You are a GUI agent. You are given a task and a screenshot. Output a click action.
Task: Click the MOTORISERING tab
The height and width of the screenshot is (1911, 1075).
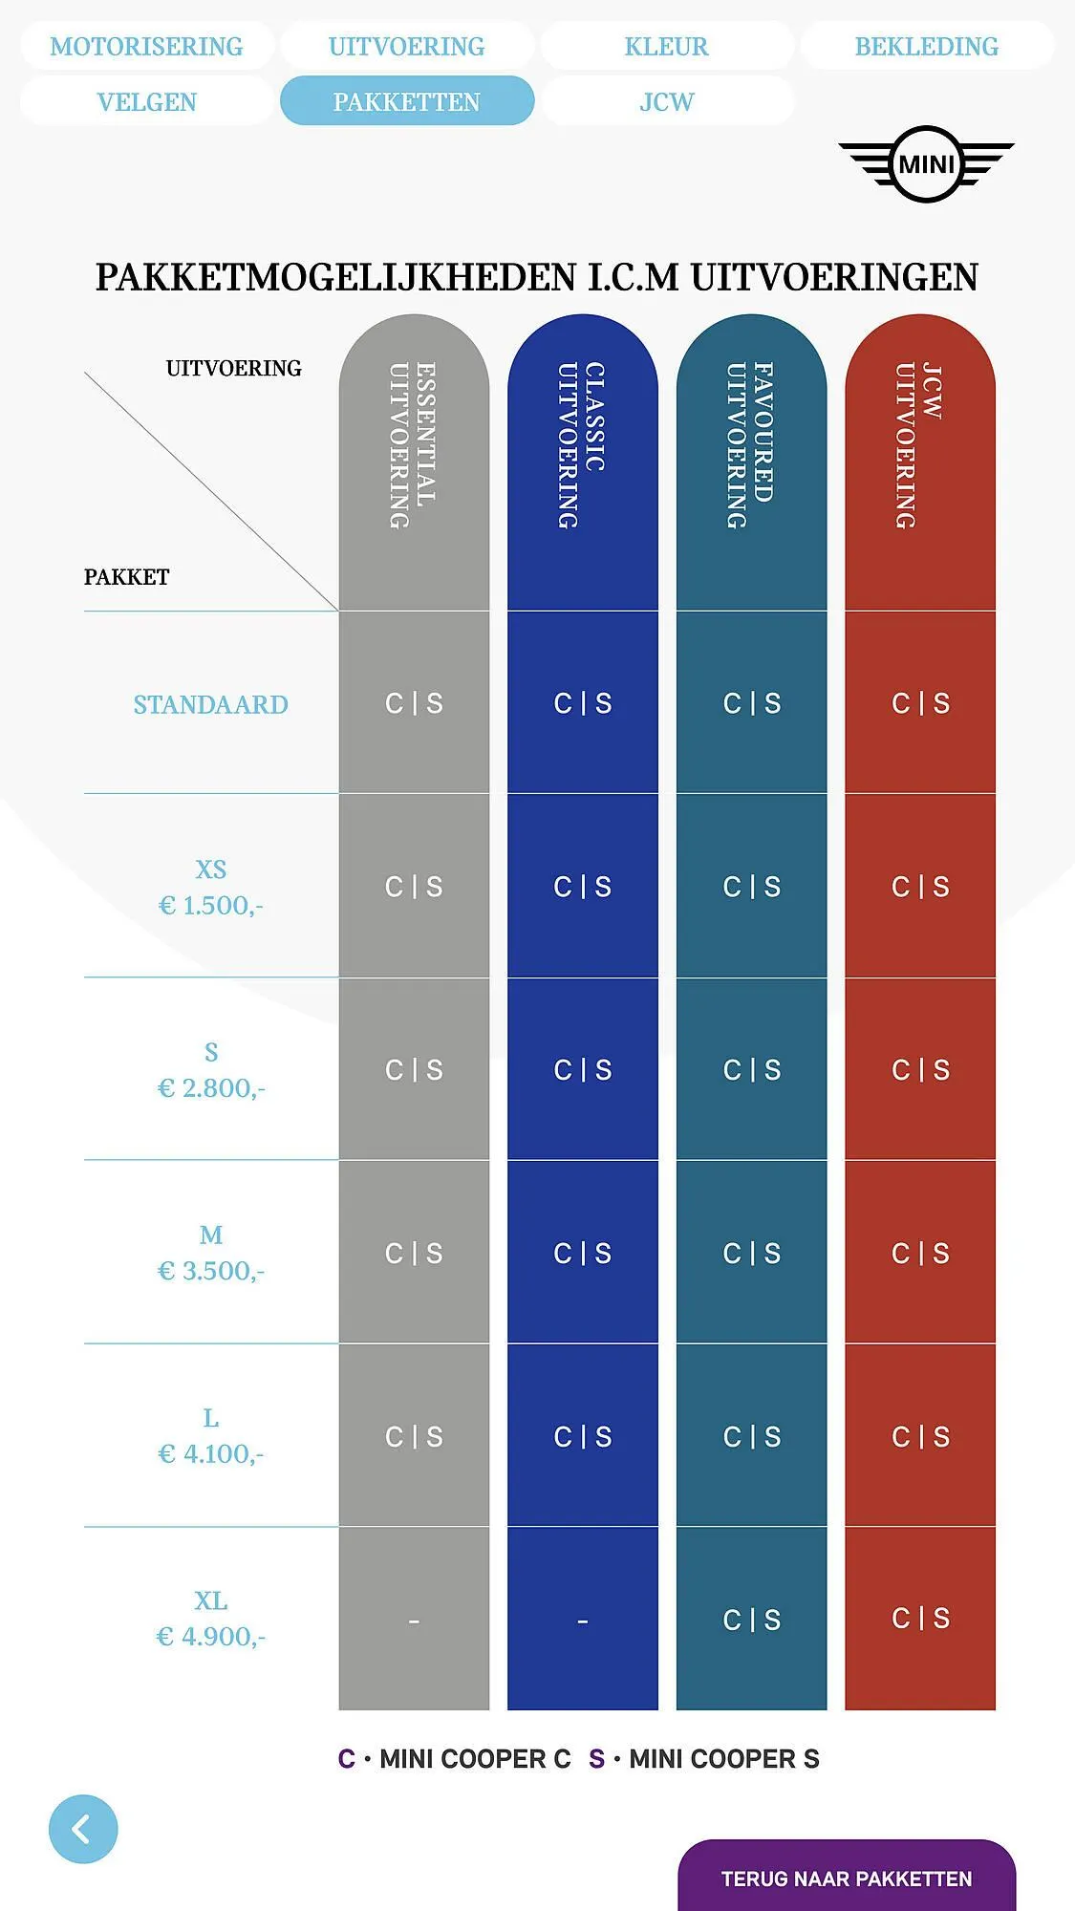tap(146, 46)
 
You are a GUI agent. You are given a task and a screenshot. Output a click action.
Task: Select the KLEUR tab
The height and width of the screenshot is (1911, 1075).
tap(666, 46)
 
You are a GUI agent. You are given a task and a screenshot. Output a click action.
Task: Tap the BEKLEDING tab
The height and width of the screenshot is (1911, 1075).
tap(926, 46)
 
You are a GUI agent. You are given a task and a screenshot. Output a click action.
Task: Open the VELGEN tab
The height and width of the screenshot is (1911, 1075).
tap(146, 101)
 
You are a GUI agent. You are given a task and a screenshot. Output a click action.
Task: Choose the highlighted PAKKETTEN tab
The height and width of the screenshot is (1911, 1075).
tap(406, 101)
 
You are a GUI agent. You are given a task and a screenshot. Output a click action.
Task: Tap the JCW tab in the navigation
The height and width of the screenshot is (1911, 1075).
tap(666, 101)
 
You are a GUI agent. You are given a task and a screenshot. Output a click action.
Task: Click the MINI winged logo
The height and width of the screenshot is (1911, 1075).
tap(926, 164)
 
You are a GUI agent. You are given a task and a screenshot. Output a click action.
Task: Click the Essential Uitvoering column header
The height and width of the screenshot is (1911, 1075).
tap(413, 445)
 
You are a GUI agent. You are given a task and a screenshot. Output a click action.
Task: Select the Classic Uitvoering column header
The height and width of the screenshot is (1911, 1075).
tap(582, 445)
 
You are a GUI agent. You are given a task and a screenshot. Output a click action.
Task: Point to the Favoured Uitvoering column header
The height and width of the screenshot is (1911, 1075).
tap(751, 445)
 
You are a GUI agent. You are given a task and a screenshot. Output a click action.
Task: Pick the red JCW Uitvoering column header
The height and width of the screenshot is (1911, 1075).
tap(919, 445)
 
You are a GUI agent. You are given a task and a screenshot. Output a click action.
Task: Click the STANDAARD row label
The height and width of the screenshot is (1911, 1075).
tap(210, 704)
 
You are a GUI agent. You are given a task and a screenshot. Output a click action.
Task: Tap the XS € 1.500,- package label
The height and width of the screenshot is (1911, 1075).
tap(210, 888)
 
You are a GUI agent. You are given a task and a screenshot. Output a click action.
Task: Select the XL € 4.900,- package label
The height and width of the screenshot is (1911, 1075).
tap(210, 1619)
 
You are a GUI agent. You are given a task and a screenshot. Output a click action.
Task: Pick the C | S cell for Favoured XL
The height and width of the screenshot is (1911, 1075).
tap(751, 1620)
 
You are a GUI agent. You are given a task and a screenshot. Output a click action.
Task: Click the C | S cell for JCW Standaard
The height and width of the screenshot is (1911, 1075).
tap(920, 703)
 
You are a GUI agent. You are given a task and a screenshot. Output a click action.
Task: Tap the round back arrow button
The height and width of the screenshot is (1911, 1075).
tap(83, 1829)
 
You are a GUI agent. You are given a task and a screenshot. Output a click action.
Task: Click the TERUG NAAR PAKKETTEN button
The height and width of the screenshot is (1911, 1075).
tap(846, 1878)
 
